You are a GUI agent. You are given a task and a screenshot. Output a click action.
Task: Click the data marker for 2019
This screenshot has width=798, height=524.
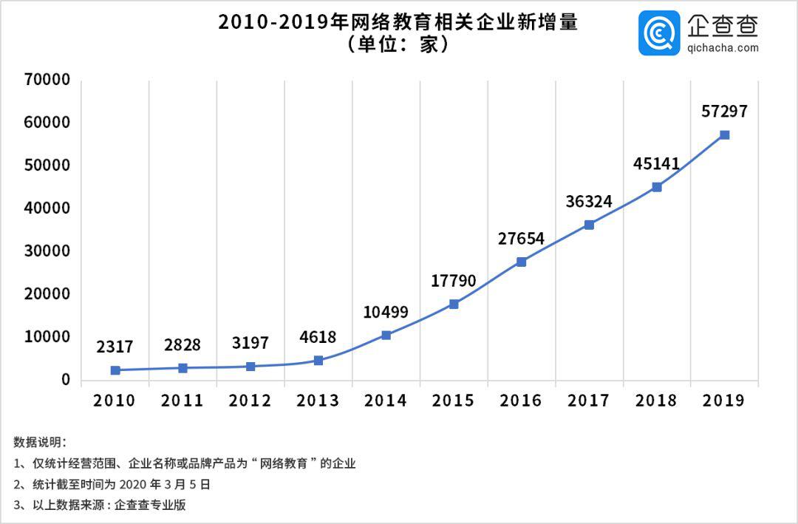(x=724, y=135)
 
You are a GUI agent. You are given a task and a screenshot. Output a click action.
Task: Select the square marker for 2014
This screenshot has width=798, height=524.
(x=386, y=335)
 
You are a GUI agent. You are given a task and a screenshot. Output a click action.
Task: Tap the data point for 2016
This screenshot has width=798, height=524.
(x=521, y=262)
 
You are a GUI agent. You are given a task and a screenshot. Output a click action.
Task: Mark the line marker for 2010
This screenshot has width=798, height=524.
(x=115, y=370)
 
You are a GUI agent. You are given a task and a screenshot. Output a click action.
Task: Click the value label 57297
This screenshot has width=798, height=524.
(x=724, y=112)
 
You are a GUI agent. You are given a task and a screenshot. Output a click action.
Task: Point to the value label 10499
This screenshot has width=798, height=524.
(x=386, y=312)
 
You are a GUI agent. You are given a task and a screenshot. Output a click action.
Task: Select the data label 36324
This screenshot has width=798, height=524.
(x=589, y=201)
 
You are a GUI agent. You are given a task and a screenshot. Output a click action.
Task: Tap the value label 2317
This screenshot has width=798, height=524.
(x=115, y=347)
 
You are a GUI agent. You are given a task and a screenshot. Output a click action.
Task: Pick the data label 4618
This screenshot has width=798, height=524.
(x=318, y=338)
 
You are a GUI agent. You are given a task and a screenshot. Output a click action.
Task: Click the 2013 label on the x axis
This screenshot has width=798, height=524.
(x=318, y=401)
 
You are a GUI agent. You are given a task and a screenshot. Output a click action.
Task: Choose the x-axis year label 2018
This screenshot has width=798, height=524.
(x=656, y=401)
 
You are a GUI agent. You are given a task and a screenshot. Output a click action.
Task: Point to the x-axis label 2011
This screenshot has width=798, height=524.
(x=183, y=401)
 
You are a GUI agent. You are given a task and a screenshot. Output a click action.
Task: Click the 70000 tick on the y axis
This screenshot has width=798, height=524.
(x=47, y=80)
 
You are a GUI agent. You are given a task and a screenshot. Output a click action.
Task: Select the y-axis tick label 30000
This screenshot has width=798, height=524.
(x=47, y=251)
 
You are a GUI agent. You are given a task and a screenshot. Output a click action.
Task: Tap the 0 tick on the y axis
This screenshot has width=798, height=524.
(x=66, y=380)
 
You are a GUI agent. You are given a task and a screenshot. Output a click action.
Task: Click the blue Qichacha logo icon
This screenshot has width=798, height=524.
(x=660, y=33)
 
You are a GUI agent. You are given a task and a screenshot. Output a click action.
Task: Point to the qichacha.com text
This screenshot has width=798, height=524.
(x=723, y=48)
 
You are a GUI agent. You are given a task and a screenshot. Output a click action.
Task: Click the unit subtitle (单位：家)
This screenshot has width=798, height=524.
(x=398, y=45)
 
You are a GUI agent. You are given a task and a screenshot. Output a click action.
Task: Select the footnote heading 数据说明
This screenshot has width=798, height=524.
(x=40, y=443)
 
